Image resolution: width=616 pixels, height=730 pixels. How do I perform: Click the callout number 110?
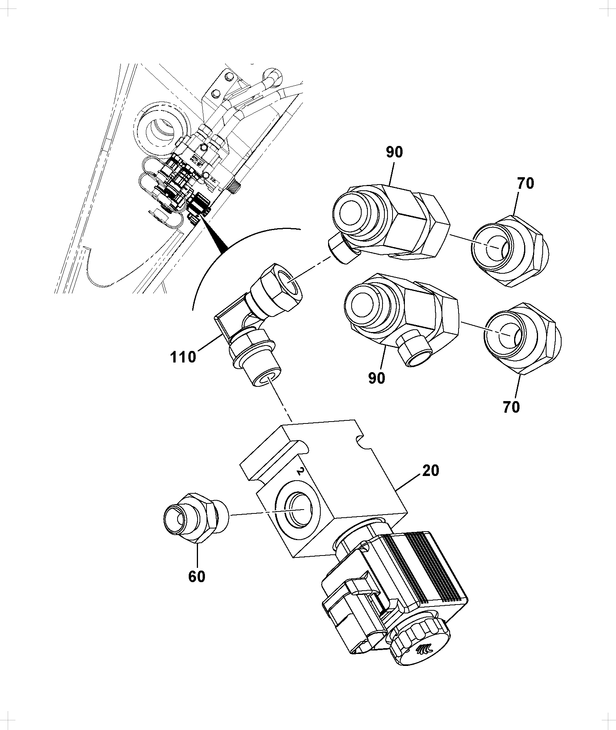click(x=183, y=357)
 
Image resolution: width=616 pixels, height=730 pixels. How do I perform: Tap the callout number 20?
click(x=431, y=471)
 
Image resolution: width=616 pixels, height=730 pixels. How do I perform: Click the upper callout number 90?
click(x=394, y=152)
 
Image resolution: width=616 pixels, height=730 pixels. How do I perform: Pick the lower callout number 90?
click(x=377, y=378)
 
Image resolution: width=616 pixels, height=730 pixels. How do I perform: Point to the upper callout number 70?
click(x=525, y=183)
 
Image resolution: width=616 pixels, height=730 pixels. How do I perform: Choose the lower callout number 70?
click(x=511, y=407)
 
